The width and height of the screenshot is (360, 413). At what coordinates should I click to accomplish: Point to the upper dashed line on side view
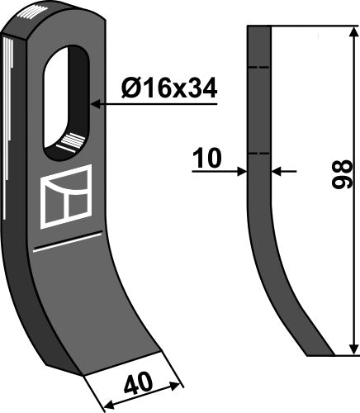(259, 68)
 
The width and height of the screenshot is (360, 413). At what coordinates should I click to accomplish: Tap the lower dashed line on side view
(259, 153)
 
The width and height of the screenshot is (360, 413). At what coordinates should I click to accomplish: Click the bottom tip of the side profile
(320, 355)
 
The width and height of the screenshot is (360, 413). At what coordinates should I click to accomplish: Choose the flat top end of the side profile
(259, 26)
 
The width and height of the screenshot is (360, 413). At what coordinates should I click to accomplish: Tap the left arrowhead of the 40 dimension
(103, 406)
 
